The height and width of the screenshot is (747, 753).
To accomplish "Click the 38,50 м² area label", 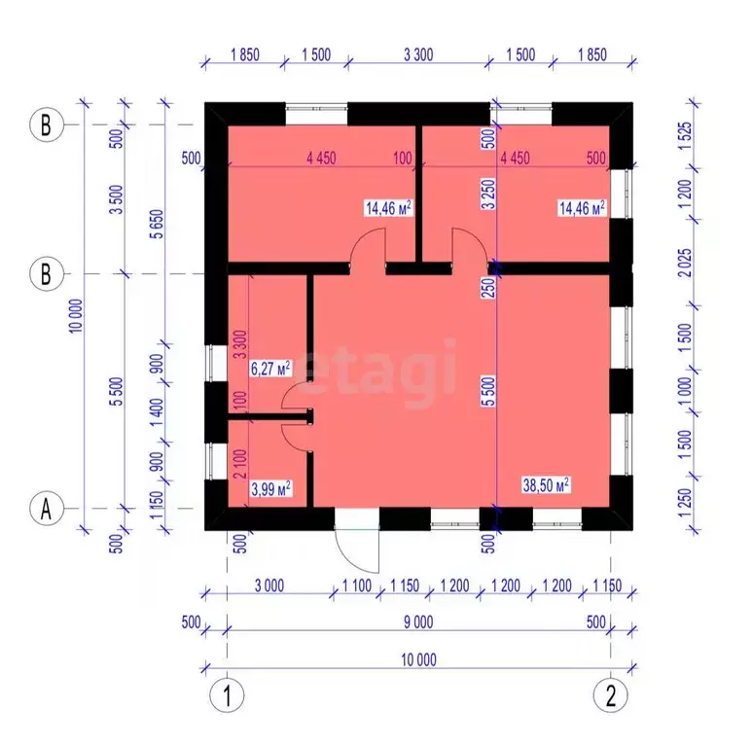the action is pos(546,485).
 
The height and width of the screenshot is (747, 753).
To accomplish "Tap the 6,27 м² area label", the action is pos(270,369).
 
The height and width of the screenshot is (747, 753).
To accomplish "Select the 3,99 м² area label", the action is pos(270,489).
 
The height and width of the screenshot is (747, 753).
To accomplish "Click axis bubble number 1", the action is pos(227,695).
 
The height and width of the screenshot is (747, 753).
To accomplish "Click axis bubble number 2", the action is pos(610,695).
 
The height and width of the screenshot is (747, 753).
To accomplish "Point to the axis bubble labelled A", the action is pos(46,509).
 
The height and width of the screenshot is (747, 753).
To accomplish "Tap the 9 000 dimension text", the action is pos(418,622).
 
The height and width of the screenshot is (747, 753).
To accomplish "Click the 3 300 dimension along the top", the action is pos(418,54).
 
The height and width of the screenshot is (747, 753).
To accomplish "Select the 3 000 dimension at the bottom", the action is pos(269,586).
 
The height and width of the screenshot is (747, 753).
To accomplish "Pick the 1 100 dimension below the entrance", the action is pos(357,586).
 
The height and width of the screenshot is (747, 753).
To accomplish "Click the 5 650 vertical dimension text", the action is pos(157,224).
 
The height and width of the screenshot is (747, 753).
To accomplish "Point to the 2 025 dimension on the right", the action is pos(685,263).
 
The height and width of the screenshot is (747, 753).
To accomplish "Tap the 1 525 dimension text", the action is pos(685,136).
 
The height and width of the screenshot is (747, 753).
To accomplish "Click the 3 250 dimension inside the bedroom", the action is pos(488,194).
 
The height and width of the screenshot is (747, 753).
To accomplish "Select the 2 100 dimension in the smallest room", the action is pos(240,464).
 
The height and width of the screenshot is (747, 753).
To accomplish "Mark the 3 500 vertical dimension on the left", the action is pos(117,199).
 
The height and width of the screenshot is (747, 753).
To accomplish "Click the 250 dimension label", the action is pos(488,288).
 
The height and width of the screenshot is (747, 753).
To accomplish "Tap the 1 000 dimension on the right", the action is pos(685,391).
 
